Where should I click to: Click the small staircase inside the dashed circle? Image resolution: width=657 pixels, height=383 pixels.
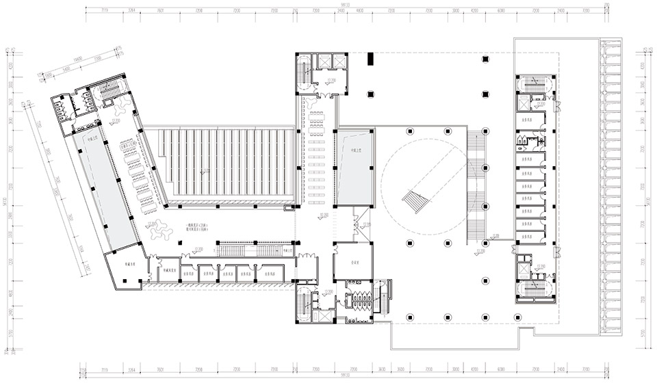coord(415,202)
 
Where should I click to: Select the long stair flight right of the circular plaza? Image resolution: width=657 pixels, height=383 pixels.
coord(476,185)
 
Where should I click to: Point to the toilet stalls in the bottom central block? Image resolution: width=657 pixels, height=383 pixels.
coord(358,299)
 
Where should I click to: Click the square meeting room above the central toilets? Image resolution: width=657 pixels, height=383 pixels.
coord(353,262)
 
